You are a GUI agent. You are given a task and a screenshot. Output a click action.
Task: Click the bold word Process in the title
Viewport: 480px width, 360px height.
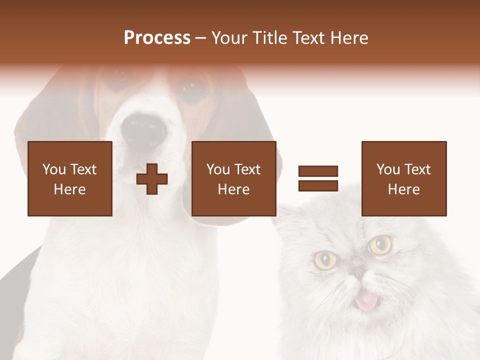point(157,38)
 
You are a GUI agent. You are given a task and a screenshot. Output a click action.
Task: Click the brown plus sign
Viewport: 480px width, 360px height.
point(152,178)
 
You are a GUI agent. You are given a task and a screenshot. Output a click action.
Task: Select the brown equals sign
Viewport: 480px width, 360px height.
point(318,178)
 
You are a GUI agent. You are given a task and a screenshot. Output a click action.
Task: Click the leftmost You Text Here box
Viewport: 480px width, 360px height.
point(70,178)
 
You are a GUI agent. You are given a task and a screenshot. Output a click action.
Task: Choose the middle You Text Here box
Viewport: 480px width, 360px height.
point(234,178)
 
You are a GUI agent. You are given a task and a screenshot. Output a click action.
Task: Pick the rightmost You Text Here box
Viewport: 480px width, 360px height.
point(404,178)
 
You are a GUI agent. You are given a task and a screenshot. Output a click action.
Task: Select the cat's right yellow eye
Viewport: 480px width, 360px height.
point(380,244)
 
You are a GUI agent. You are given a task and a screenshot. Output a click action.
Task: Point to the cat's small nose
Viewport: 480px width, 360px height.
point(358,272)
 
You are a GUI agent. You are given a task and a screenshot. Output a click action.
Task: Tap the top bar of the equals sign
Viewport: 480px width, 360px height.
point(318,171)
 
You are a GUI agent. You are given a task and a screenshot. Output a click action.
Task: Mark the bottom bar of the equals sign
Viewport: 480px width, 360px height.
point(318,185)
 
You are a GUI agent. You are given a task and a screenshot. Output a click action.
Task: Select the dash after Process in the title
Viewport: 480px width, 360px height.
point(201,38)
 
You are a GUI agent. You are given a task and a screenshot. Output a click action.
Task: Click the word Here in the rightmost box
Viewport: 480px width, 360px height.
point(404,189)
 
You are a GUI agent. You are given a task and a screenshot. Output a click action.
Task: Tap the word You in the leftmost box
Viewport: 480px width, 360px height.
point(54,169)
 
